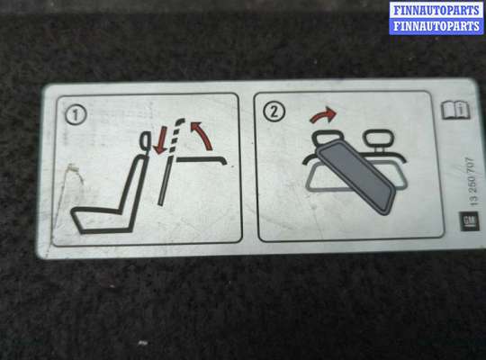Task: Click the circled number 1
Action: pyautogui.click(x=76, y=114)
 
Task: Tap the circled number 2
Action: pyautogui.click(x=274, y=112)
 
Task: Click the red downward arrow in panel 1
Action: pyautogui.click(x=160, y=142)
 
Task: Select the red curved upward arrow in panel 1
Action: pyautogui.click(x=203, y=135)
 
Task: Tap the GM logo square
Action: pyautogui.click(x=469, y=221)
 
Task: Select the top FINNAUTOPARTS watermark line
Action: pyautogui.click(x=436, y=10)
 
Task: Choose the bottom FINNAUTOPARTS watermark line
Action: pyautogui.click(x=436, y=26)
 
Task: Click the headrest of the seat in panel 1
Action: pyautogui.click(x=146, y=140)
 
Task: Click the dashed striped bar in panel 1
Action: pyautogui.click(x=175, y=136)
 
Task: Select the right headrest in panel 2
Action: pyautogui.click(x=377, y=139)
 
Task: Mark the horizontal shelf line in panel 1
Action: pyautogui.click(x=202, y=159)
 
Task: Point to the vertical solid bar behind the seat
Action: pyautogui.click(x=165, y=181)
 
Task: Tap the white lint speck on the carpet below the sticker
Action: pyautogui.click(x=143, y=343)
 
